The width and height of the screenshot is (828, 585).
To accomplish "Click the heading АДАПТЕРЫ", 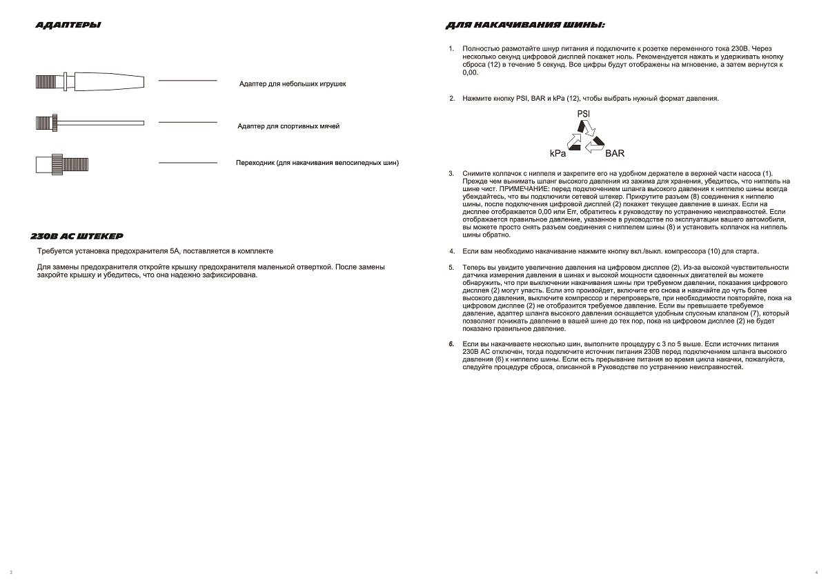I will pyautogui.click(x=68, y=26).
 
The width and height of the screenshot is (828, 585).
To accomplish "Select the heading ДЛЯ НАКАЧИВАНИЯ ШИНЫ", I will pyautogui.click(x=525, y=26).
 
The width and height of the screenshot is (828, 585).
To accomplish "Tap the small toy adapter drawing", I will pyautogui.click(x=90, y=81).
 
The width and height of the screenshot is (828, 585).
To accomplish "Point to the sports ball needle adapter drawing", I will pyautogui.click(x=90, y=123).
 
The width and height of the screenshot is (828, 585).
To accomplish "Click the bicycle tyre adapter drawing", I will pyautogui.click(x=62, y=164).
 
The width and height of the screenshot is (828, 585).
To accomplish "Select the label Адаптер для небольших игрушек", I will pyautogui.click(x=293, y=83).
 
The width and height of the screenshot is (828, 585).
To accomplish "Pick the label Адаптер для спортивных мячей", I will pyautogui.click(x=288, y=126).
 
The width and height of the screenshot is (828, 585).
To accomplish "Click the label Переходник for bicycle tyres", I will pyautogui.click(x=317, y=163).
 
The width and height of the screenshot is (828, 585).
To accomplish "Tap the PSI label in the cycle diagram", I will pyautogui.click(x=582, y=113).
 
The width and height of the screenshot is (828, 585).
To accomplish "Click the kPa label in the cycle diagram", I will pyautogui.click(x=558, y=153).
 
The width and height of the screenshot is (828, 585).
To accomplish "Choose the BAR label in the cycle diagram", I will pyautogui.click(x=615, y=153).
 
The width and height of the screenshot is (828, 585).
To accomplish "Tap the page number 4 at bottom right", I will pyautogui.click(x=816, y=573).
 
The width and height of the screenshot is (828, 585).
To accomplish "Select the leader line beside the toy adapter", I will pyautogui.click(x=188, y=81).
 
